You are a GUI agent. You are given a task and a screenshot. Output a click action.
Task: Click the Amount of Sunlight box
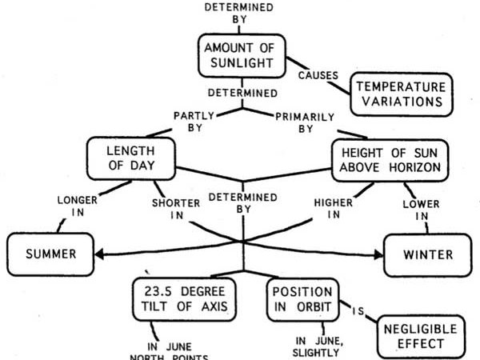[x=242, y=56]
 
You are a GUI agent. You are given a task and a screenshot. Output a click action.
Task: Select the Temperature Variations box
[x=402, y=94]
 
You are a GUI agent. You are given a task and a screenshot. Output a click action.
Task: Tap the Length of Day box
[x=131, y=158]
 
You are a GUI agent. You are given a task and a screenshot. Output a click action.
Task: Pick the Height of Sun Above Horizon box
[x=390, y=161]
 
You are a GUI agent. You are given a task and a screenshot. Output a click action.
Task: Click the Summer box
[x=50, y=254]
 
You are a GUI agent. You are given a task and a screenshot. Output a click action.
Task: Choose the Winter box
[x=428, y=255]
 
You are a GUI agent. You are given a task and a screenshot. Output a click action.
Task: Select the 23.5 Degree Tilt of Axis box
[x=184, y=299]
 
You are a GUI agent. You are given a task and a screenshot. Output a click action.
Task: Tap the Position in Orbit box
[x=302, y=300]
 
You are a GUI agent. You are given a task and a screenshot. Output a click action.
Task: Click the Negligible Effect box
[x=421, y=337]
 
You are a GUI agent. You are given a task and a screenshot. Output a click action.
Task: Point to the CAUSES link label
[x=318, y=75]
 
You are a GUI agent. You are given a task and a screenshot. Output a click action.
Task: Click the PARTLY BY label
[x=194, y=122]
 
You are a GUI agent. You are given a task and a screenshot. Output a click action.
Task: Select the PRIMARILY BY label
[x=305, y=122]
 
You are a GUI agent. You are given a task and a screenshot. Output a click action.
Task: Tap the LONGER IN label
[x=78, y=206]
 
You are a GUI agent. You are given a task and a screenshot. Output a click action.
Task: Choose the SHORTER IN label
[x=176, y=209]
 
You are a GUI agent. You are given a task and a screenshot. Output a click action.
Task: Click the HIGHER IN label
[x=334, y=209]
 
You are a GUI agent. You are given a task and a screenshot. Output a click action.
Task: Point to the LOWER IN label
[x=422, y=210]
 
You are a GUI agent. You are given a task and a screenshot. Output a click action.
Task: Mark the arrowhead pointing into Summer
[x=99, y=254]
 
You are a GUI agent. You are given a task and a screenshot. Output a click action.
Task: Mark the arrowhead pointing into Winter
[x=378, y=254]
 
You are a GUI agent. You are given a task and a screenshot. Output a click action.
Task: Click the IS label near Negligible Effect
[x=358, y=311]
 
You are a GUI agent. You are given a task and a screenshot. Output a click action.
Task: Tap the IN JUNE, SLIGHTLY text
[x=318, y=346]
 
